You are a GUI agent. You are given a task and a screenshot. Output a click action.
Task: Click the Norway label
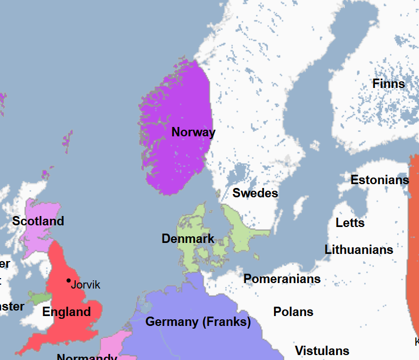(x=193, y=132)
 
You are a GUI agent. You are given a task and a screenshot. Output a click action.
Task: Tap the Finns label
(x=388, y=84)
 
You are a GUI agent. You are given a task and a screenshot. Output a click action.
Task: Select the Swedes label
(x=255, y=193)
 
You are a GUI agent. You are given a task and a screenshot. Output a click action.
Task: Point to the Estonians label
(x=379, y=180)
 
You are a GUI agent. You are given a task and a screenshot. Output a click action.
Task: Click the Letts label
(x=350, y=223)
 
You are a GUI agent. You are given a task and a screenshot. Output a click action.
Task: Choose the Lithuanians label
(x=359, y=250)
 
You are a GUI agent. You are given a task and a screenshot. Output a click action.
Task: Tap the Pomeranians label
(x=282, y=279)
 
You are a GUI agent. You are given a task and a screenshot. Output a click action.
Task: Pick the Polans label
(x=293, y=312)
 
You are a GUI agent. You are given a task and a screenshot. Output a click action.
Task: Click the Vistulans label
(x=322, y=351)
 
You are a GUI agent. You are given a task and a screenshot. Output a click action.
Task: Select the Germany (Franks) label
(x=198, y=322)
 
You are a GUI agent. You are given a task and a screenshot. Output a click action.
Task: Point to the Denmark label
(x=188, y=239)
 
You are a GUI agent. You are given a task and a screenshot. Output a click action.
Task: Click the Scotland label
(x=38, y=221)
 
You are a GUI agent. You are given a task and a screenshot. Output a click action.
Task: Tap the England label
(x=66, y=312)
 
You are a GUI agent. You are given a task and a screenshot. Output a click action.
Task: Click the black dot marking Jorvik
(x=69, y=281)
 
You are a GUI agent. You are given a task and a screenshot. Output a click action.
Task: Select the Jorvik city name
(x=86, y=285)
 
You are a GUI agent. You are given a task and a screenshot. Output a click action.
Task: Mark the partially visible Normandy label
(x=87, y=356)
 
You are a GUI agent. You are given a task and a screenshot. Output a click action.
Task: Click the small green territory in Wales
(x=40, y=298)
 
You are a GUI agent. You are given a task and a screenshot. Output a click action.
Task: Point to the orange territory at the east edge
(x=413, y=247)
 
